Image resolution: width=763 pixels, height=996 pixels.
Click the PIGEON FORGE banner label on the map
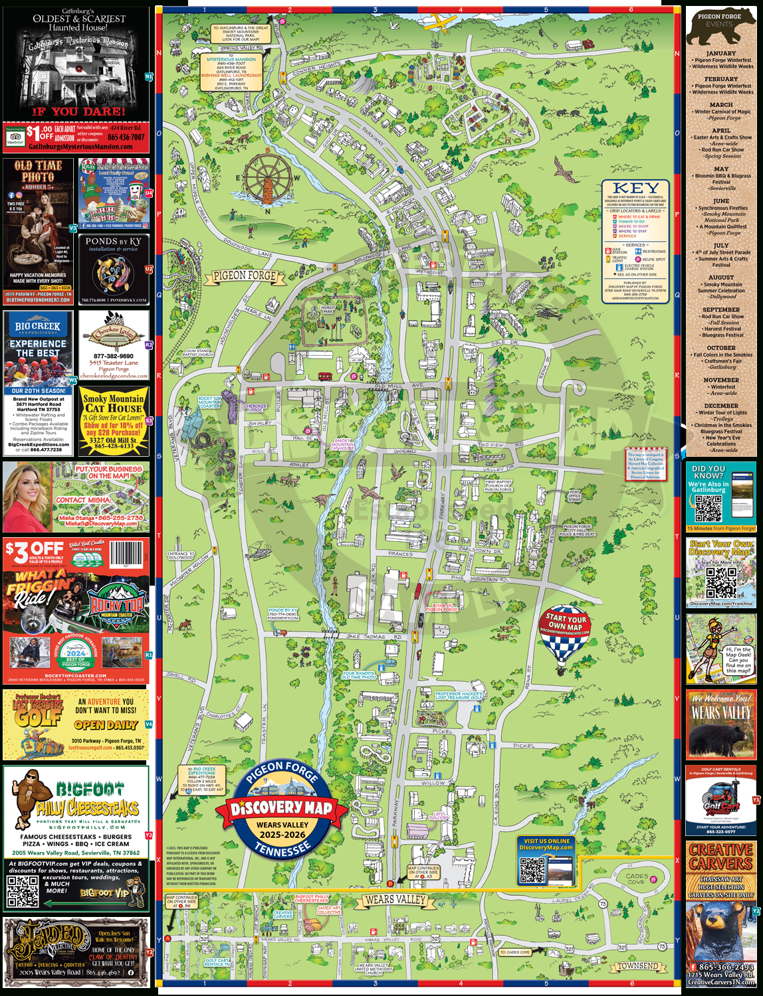point(244,275)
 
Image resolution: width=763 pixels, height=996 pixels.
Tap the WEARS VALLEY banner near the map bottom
point(395,899)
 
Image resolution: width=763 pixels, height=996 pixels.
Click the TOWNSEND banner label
point(637,965)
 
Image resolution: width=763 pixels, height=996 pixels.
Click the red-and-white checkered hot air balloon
point(564,636)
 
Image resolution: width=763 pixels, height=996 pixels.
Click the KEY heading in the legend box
point(635,188)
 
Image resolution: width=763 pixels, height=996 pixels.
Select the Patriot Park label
point(328,309)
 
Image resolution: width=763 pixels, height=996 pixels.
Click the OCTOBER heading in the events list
point(721,348)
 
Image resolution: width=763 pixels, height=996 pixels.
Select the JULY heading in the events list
point(721,245)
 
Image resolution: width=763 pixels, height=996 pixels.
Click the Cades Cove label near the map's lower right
point(636,878)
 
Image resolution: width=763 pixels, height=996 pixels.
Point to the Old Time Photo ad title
point(38,172)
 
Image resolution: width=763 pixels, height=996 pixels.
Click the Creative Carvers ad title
point(721,857)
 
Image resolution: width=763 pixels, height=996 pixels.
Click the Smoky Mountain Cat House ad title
point(114,403)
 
